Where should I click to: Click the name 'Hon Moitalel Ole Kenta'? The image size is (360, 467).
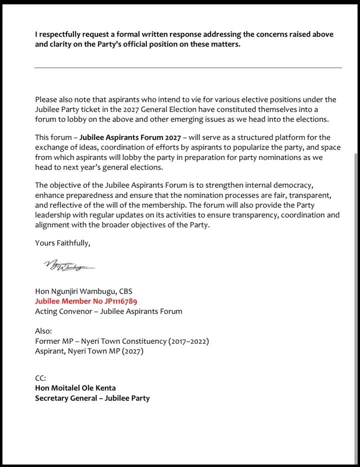[75, 388]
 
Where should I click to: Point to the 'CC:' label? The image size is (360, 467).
[40, 378]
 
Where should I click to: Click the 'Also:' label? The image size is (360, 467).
[44, 331]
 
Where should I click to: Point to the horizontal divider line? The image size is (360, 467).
[188, 67]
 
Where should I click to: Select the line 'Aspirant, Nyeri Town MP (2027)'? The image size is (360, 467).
[89, 351]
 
